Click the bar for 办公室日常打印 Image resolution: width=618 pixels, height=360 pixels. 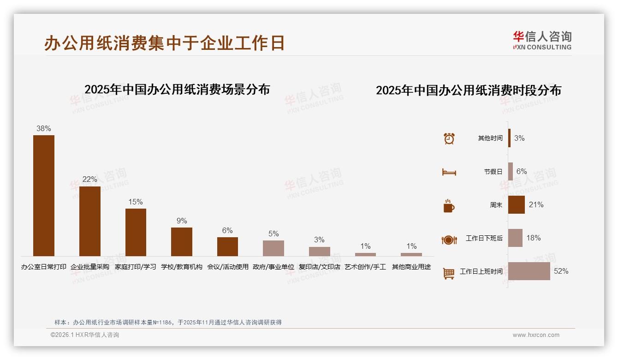[44, 195]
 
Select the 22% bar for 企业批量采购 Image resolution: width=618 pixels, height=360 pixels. [89, 221]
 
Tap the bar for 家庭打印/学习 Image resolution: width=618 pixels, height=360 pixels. [136, 232]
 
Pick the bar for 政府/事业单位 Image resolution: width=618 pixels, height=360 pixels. [273, 248]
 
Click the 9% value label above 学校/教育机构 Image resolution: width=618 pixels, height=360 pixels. [182, 221]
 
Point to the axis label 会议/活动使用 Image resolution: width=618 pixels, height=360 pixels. [228, 267]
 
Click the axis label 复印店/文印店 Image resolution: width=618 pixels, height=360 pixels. [320, 267]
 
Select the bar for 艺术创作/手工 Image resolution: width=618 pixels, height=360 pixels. [365, 254]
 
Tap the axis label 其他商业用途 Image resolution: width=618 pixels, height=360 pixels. [411, 267]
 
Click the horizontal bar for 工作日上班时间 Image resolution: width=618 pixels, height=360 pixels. [529, 271]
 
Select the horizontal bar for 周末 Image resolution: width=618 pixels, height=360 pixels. [517, 204]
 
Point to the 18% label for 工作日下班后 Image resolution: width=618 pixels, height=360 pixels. [534, 238]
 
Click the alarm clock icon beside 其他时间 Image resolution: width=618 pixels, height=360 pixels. [449, 138]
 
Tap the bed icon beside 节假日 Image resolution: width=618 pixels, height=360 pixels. [449, 172]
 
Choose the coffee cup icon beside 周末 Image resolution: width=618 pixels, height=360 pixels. [449, 205]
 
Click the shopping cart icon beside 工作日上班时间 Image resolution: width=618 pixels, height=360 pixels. [449, 273]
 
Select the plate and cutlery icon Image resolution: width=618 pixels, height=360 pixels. [449, 240]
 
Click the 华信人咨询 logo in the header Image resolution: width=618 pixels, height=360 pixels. [542, 40]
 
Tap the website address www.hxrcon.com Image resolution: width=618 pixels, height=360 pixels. [536, 335]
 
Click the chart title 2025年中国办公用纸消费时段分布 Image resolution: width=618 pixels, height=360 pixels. [468, 90]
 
